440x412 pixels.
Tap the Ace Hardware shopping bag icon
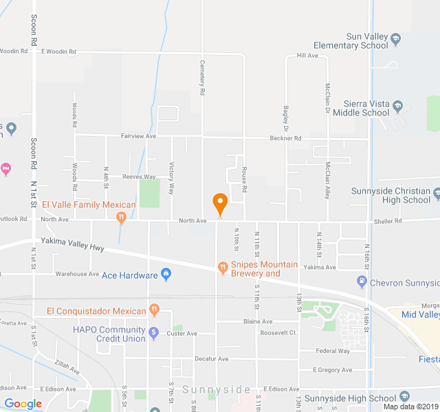click(166, 275)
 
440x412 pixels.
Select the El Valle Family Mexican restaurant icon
click(121, 218)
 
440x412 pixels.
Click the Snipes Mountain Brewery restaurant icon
click(222, 267)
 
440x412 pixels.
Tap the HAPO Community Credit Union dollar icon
click(154, 333)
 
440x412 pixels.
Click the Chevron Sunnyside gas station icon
click(362, 281)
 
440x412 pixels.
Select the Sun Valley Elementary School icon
click(395, 41)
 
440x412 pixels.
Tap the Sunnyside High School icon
click(404, 398)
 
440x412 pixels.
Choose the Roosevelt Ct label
click(278, 333)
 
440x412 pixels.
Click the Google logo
click(23, 404)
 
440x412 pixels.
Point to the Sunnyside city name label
click(217, 390)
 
